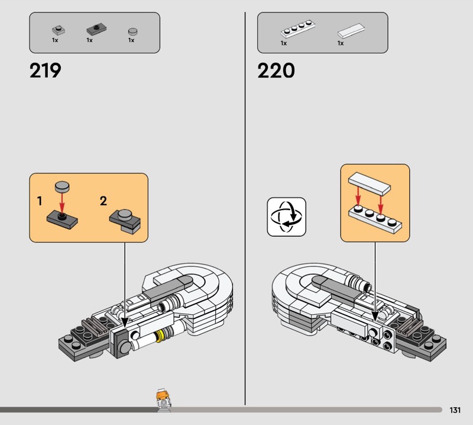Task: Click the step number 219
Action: pos(45,71)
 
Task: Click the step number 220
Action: pos(276,71)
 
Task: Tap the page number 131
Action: pos(455,410)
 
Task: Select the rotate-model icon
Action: pos(287,217)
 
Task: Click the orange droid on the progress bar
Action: pos(160,401)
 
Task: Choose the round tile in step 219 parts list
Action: pos(132,30)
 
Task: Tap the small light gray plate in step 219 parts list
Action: pos(57,29)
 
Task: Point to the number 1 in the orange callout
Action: pos(40,201)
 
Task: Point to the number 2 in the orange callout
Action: pos(103,201)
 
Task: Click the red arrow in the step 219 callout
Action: pos(61,202)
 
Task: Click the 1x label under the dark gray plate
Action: pos(90,40)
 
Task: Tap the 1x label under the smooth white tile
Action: pos(341,43)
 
